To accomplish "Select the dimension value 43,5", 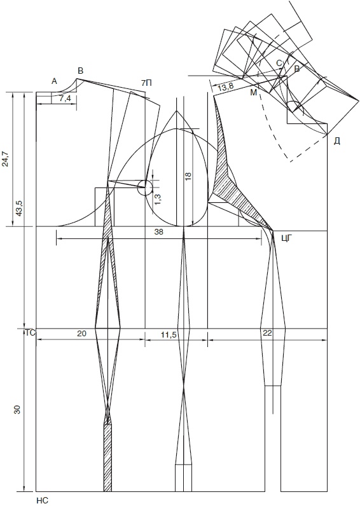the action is point(18,208).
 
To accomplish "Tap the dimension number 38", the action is point(158,231).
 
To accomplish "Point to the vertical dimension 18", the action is point(188,175).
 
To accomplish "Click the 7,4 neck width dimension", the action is point(66,99).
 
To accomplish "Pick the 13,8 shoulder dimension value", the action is point(225,86).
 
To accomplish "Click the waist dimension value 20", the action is point(81,334).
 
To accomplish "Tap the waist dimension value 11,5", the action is point(169,335).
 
